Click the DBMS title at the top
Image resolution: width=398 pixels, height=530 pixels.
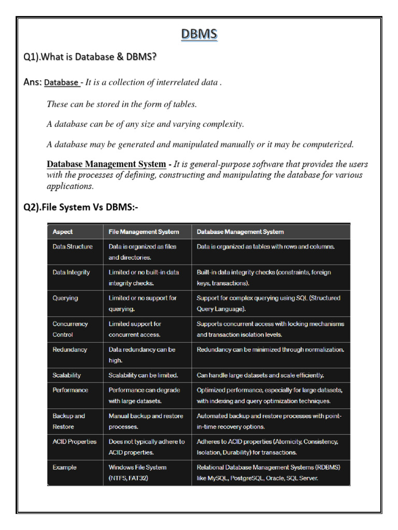(200, 35)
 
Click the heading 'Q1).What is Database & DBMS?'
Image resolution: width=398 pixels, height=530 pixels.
(90, 57)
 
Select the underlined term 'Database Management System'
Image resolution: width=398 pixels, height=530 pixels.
(106, 164)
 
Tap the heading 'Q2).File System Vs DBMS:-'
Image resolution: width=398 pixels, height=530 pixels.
(81, 208)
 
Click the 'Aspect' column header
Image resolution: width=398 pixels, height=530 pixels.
(63, 232)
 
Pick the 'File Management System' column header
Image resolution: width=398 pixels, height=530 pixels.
(144, 232)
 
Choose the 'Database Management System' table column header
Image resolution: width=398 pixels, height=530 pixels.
(240, 232)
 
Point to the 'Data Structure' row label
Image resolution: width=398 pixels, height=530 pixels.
(73, 247)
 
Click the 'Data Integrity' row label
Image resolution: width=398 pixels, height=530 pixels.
(71, 272)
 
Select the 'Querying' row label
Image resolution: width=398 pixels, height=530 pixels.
(65, 298)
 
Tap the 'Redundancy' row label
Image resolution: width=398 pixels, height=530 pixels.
(70, 349)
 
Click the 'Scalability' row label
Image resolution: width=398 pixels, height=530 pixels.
(67, 375)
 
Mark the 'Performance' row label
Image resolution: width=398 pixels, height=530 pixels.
(70, 390)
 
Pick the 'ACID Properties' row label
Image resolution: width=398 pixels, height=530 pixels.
(75, 441)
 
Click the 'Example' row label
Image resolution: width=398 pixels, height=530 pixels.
(64, 467)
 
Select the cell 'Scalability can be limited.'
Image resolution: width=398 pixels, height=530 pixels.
(143, 375)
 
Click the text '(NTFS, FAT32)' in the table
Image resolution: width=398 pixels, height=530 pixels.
(128, 478)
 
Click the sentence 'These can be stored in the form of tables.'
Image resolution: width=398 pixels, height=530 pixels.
(122, 104)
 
